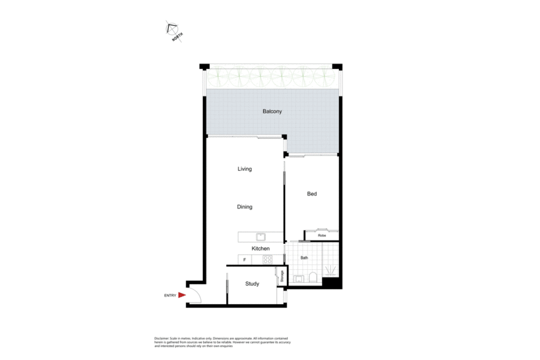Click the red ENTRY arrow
click(182, 295)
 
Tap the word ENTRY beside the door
click(170, 295)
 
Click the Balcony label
click(272, 111)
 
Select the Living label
click(245, 169)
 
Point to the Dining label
click(245, 207)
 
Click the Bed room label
click(312, 194)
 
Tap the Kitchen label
click(260, 249)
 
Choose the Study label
click(252, 283)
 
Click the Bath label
click(304, 258)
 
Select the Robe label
click(321, 236)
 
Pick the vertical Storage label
click(280, 277)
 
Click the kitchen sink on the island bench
click(260, 237)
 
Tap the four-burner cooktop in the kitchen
click(267, 259)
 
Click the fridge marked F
click(244, 260)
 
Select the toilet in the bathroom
click(312, 277)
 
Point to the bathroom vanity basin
click(299, 279)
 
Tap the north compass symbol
click(172, 28)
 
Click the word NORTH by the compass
click(178, 38)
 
